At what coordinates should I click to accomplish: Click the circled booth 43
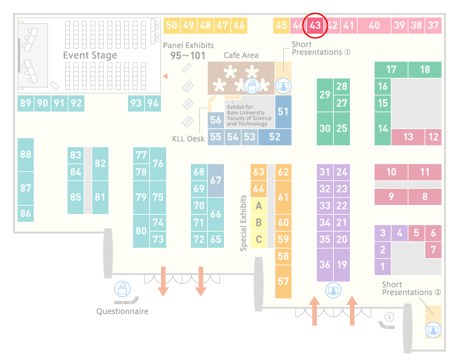click(x=315, y=25)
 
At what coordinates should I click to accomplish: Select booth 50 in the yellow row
click(x=171, y=25)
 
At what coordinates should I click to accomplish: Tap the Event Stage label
click(x=90, y=55)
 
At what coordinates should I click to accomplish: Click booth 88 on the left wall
click(x=26, y=154)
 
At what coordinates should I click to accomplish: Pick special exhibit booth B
click(x=259, y=222)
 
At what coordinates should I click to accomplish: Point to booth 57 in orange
click(x=283, y=282)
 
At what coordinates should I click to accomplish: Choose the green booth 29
click(x=325, y=95)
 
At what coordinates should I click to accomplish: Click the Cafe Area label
click(x=241, y=55)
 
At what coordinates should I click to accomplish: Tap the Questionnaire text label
click(x=122, y=311)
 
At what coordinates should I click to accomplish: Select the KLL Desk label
click(x=188, y=139)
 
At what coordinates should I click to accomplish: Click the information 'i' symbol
click(x=390, y=317)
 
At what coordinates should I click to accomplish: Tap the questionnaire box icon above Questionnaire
click(x=122, y=289)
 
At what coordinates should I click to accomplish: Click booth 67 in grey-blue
click(x=216, y=180)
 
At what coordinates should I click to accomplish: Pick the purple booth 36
click(x=325, y=265)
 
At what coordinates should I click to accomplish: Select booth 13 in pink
click(x=408, y=137)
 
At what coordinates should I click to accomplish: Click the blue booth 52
click(x=275, y=137)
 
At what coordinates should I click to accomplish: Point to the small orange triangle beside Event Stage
click(x=166, y=77)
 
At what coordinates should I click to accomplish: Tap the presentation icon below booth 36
click(x=334, y=291)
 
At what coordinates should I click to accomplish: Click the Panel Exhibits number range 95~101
click(x=188, y=56)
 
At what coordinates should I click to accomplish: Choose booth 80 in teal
click(x=141, y=231)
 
